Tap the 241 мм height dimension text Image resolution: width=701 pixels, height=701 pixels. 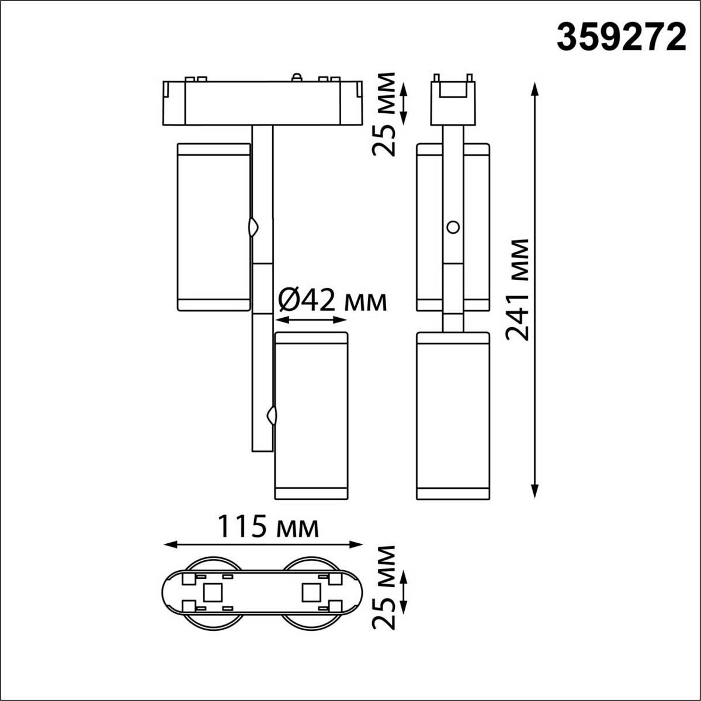(x=518, y=289)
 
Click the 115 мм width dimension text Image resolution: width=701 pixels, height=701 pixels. (x=268, y=527)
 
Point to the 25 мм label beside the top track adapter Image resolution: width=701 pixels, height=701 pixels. (x=384, y=114)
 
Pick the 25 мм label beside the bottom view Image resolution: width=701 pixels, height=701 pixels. (x=384, y=587)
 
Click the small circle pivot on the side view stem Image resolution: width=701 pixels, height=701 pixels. (x=452, y=227)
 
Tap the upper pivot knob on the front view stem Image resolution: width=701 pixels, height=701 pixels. (x=254, y=227)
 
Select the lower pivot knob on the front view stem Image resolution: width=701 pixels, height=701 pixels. (x=271, y=415)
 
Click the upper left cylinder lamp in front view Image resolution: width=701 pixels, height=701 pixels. (x=213, y=227)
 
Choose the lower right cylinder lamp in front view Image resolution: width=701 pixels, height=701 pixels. (x=311, y=415)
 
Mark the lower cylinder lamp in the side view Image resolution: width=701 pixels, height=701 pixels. (x=453, y=415)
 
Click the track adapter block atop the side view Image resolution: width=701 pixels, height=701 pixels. (x=453, y=102)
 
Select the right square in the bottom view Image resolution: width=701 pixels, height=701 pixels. (x=310, y=594)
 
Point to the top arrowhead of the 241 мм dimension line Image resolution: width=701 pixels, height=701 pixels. (x=534, y=88)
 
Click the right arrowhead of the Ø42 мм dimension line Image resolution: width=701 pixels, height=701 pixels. (x=342, y=320)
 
